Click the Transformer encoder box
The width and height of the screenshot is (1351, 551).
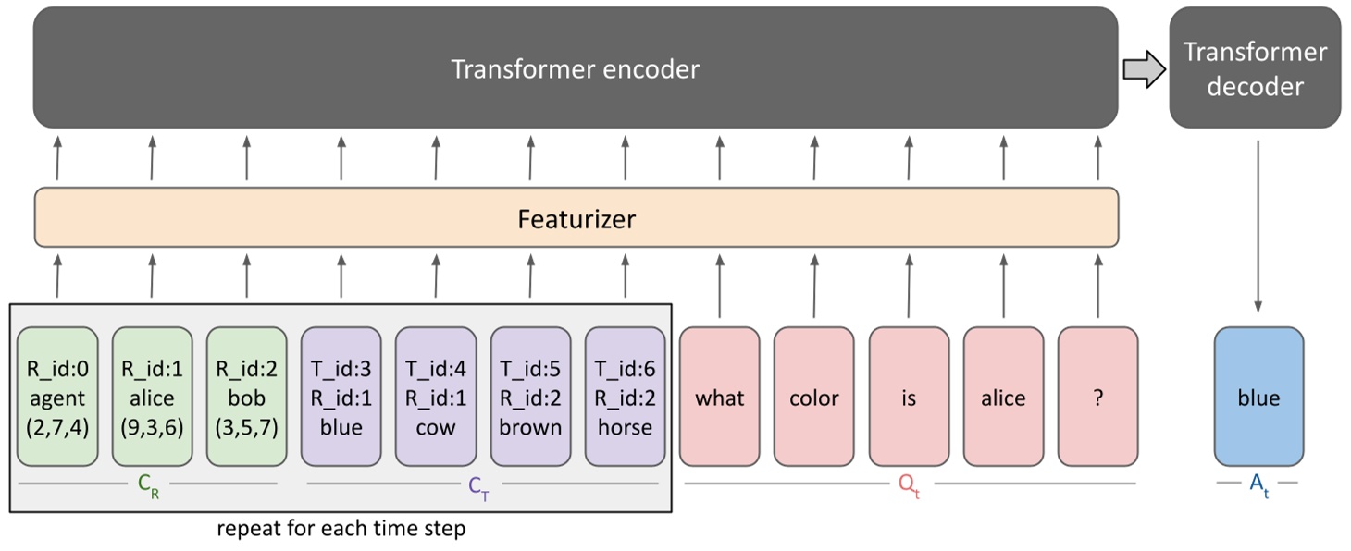tap(575, 68)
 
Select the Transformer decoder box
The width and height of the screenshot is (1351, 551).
tap(1255, 68)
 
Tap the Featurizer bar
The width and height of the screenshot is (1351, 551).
tap(576, 218)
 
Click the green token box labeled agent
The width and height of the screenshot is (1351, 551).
tap(56, 397)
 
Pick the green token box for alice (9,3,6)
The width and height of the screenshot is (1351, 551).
tap(152, 397)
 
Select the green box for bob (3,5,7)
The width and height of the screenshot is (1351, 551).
tap(246, 397)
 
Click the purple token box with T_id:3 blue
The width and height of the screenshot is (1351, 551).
tap(341, 397)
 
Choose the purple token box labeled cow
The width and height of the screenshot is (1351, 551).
tap(435, 397)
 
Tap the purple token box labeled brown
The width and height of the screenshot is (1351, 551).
tap(530, 397)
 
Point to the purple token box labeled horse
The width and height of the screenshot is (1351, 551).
tap(625, 397)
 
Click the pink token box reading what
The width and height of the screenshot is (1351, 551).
tap(719, 397)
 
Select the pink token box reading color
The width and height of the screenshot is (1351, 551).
tap(814, 397)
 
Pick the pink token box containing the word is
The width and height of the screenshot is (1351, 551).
tap(909, 397)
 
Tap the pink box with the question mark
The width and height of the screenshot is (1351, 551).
tap(1097, 397)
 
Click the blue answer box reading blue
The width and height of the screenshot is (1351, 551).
tap(1258, 397)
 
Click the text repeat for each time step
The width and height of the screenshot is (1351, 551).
tap(341, 530)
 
